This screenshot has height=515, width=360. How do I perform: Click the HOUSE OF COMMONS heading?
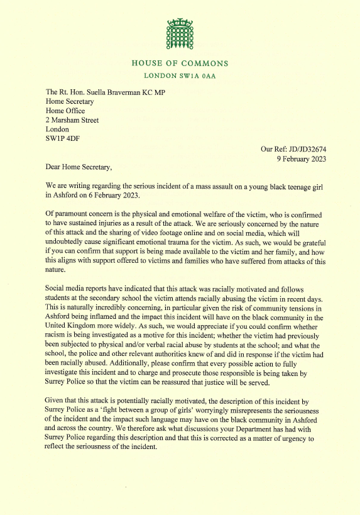(180, 64)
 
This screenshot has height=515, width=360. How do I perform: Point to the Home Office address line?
(67, 111)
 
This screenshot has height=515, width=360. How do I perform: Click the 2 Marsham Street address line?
(72, 121)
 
